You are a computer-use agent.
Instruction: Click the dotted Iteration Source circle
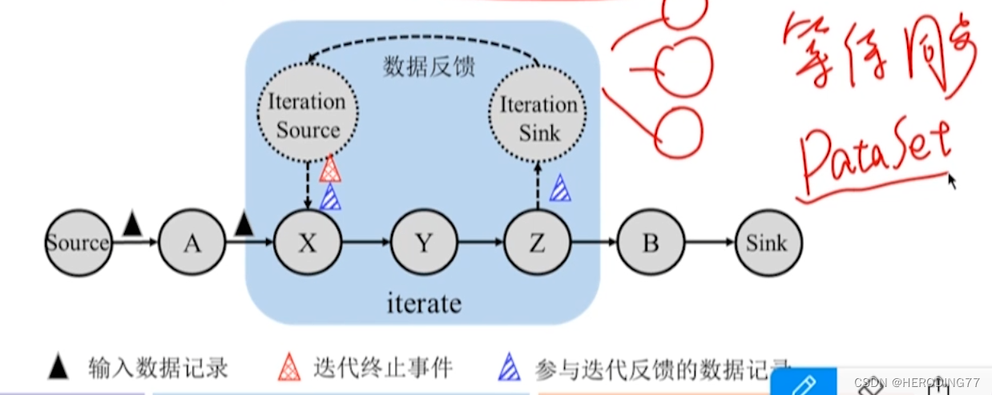tap(308, 115)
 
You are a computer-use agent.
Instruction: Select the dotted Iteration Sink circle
tap(538, 118)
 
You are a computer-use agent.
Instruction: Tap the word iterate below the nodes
tap(424, 304)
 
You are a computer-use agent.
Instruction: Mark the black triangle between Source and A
tap(132, 225)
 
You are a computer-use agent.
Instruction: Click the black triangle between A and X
tap(244, 225)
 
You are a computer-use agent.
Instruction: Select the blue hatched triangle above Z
tap(560, 187)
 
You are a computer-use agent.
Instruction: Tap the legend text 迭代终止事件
tap(383, 368)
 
